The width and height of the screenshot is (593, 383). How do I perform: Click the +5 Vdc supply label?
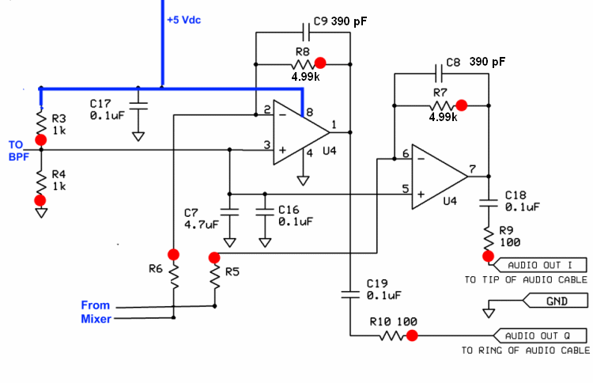click(183, 20)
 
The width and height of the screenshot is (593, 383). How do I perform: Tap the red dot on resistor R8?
click(320, 63)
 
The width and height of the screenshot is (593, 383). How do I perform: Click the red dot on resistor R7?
click(462, 104)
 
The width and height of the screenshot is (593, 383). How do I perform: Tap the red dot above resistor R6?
click(173, 255)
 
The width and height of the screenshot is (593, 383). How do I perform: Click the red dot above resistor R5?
click(213, 258)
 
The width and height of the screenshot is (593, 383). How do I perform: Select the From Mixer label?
click(96, 312)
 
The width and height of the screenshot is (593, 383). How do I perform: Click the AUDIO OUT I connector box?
click(543, 265)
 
